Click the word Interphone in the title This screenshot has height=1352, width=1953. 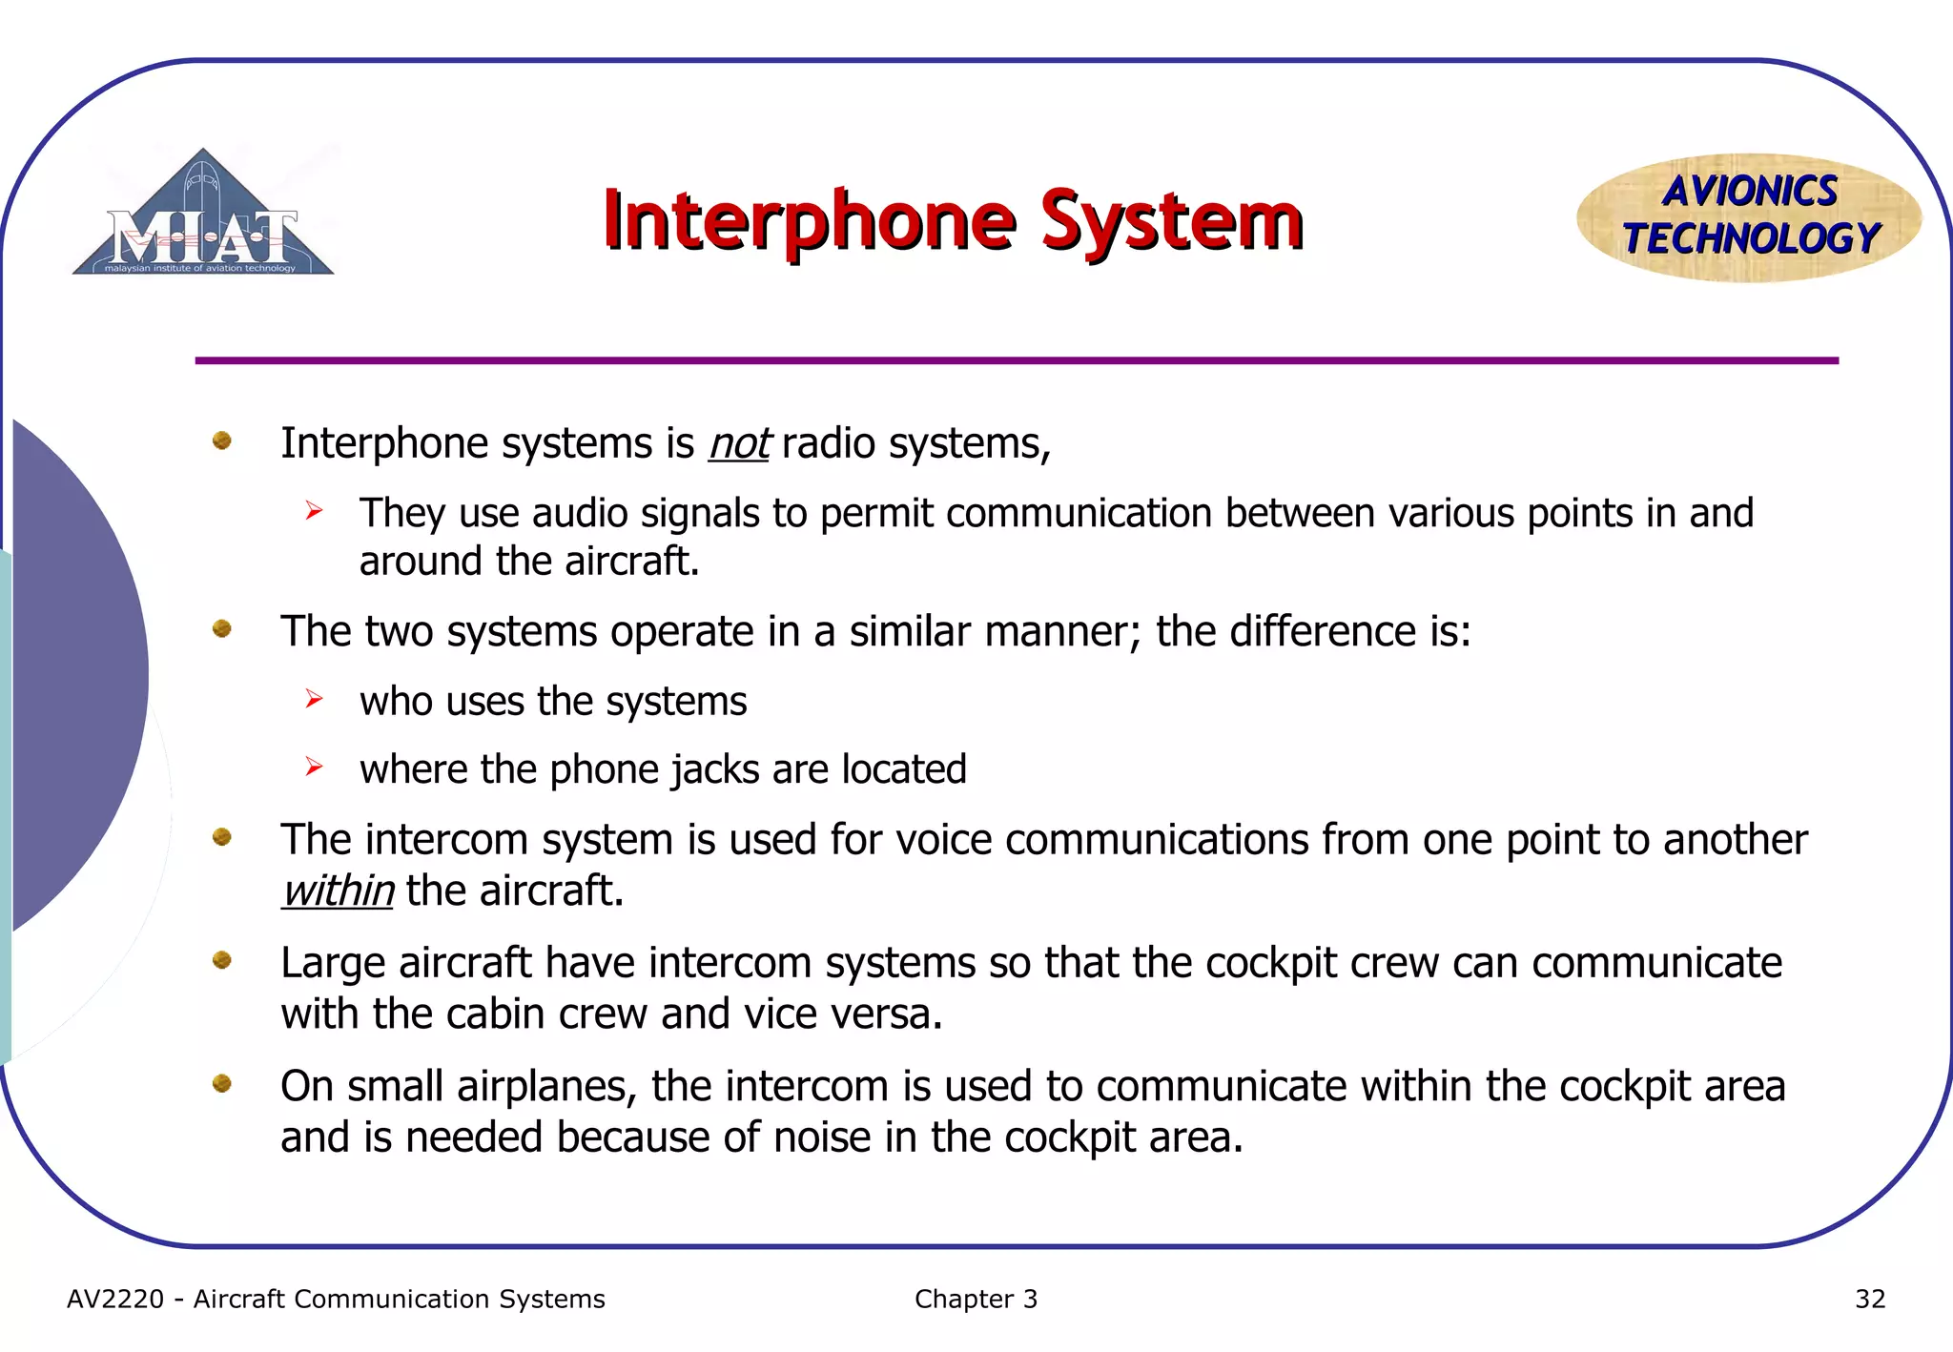pos(809,221)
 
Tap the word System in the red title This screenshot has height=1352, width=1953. pos(1171,221)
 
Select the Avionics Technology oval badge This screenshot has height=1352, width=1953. pos(1749,217)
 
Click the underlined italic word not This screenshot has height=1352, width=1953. pos(739,444)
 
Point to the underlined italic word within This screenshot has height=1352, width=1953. pos(338,891)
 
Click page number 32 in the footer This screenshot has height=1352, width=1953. pos(1869,1300)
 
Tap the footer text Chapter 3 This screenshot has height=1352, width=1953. pos(976,1300)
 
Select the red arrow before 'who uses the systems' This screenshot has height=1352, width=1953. pos(315,700)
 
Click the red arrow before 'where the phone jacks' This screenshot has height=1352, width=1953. pos(315,768)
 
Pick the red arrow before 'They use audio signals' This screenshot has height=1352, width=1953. pos(315,512)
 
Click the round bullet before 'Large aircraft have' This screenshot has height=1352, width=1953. pos(222,960)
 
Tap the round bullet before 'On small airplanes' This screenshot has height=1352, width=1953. pos(222,1083)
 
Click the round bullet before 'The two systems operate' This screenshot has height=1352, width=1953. pos(222,629)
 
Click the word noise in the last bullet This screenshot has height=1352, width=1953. pos(822,1137)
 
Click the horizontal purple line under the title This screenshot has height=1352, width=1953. pos(1017,360)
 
